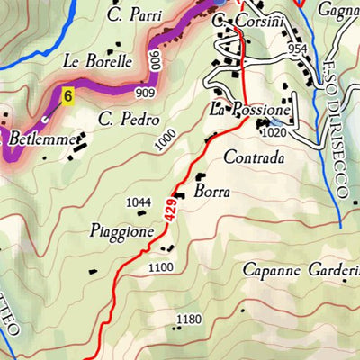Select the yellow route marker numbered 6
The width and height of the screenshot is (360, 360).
(x=66, y=93)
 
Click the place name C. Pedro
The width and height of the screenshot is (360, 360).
(x=129, y=119)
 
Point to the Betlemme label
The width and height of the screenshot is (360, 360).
(x=35, y=139)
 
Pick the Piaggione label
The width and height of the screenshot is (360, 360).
(x=121, y=230)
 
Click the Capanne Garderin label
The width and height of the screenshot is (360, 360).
(x=301, y=269)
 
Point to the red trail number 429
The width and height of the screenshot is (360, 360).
(x=170, y=212)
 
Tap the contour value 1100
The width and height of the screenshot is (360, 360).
(x=160, y=267)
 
